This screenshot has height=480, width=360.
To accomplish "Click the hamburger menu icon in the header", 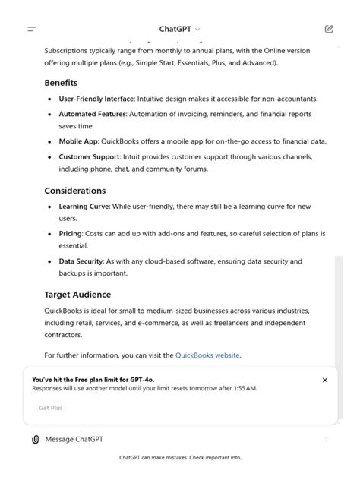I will click(32, 29).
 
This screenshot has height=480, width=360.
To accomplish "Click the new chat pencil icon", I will click(329, 29).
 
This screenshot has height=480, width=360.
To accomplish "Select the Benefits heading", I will click(61, 82).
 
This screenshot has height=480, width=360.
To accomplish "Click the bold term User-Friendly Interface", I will click(96, 99).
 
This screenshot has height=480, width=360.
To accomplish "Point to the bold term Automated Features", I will click(93, 114).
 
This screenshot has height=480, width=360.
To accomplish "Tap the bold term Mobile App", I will click(78, 141).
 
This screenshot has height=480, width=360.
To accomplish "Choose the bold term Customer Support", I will click(90, 156).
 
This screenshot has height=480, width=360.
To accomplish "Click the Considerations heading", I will click(74, 191).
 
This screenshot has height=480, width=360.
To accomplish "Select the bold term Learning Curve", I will click(84, 206).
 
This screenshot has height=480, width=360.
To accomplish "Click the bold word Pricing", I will click(71, 234).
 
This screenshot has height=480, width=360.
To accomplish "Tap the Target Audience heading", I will click(77, 295).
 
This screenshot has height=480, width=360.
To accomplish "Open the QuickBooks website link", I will click(207, 355).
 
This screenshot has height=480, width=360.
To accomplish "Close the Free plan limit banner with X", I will click(325, 380).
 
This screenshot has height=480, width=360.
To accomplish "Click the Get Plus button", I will click(51, 408).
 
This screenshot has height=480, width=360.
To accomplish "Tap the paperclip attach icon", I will click(35, 439).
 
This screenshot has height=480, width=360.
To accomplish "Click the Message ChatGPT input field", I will click(152, 439).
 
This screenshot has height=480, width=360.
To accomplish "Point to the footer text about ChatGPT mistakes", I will click(180, 458).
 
